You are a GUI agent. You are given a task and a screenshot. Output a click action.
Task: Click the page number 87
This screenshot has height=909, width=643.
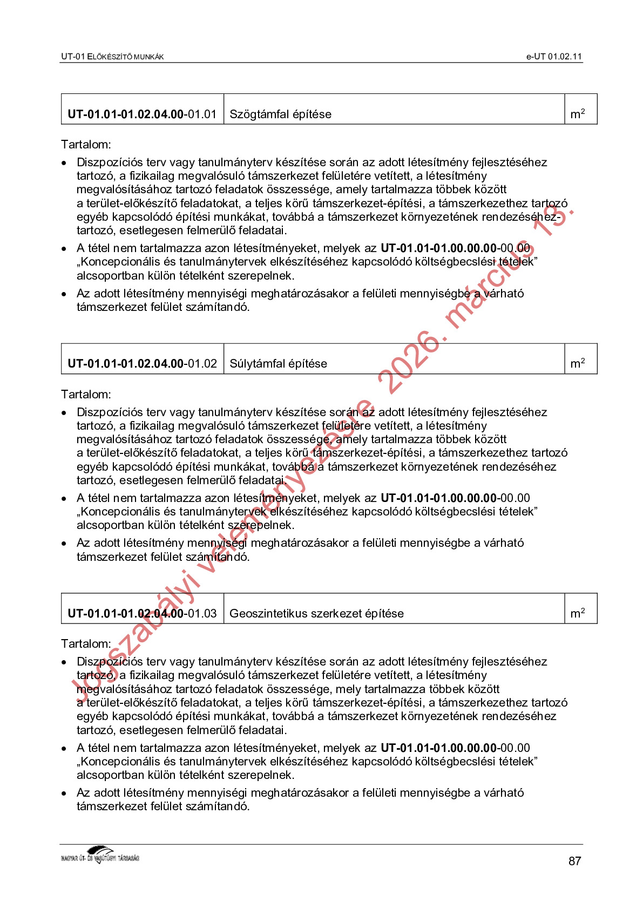click(574, 861)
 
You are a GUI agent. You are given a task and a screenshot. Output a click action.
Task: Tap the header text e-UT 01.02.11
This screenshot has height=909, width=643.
click(554, 57)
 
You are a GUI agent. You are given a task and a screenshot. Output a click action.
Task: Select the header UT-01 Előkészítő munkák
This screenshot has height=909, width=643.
click(112, 57)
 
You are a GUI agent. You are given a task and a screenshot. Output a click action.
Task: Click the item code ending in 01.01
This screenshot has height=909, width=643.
click(142, 114)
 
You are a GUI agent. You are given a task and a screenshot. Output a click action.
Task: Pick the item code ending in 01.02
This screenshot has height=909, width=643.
click(142, 364)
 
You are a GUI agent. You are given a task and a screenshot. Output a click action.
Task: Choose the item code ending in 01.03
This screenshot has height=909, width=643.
click(142, 614)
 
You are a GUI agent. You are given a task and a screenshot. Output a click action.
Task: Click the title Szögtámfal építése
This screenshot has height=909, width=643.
click(280, 114)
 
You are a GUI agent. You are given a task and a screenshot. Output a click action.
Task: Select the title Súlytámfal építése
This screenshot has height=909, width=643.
click(278, 364)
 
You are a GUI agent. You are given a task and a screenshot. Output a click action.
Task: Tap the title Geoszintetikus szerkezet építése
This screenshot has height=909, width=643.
click(316, 614)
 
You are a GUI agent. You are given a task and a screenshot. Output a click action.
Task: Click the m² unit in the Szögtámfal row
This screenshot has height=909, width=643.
click(577, 114)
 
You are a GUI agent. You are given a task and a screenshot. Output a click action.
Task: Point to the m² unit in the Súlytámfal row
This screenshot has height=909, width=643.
click(577, 363)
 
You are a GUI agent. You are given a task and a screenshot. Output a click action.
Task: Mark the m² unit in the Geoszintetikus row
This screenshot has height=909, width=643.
click(577, 613)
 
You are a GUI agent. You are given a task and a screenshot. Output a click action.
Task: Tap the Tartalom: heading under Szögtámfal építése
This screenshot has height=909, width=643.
click(86, 145)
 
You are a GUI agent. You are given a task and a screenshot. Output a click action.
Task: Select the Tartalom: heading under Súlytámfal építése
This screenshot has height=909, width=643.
click(86, 395)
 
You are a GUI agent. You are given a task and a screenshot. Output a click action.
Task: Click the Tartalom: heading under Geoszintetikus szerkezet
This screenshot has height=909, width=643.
click(86, 644)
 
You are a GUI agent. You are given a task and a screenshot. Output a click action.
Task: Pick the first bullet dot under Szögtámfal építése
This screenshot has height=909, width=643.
click(64, 163)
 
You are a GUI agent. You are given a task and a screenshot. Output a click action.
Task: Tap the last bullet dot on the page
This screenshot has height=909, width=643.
click(64, 793)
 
